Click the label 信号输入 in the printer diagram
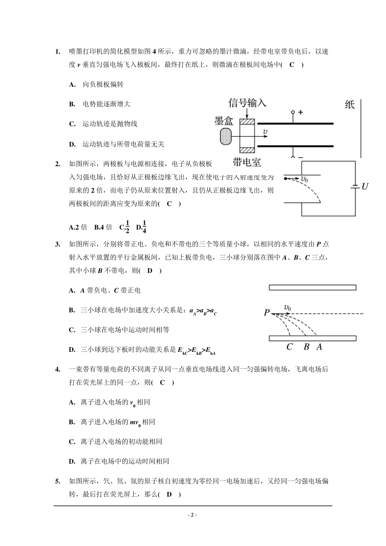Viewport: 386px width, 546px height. [247, 103]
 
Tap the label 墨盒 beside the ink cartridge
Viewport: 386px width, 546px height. [224, 121]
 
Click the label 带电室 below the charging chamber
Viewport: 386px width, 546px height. [247, 162]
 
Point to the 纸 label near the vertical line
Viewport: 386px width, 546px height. [349, 104]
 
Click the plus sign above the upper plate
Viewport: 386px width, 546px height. [301, 112]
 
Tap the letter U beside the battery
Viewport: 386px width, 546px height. [365, 186]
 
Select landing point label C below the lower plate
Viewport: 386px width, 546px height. [290, 347]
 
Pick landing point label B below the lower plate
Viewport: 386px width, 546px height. [306, 347]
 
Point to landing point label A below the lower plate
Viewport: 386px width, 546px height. [319, 347]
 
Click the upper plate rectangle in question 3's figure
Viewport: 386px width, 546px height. [312, 288]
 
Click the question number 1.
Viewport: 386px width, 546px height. [57, 52]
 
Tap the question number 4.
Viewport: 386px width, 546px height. [57, 369]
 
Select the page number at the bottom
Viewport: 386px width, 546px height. [193, 515]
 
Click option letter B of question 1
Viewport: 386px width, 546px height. [72, 104]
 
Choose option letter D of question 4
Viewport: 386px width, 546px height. [72, 461]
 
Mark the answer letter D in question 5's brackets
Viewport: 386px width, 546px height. [169, 494]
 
